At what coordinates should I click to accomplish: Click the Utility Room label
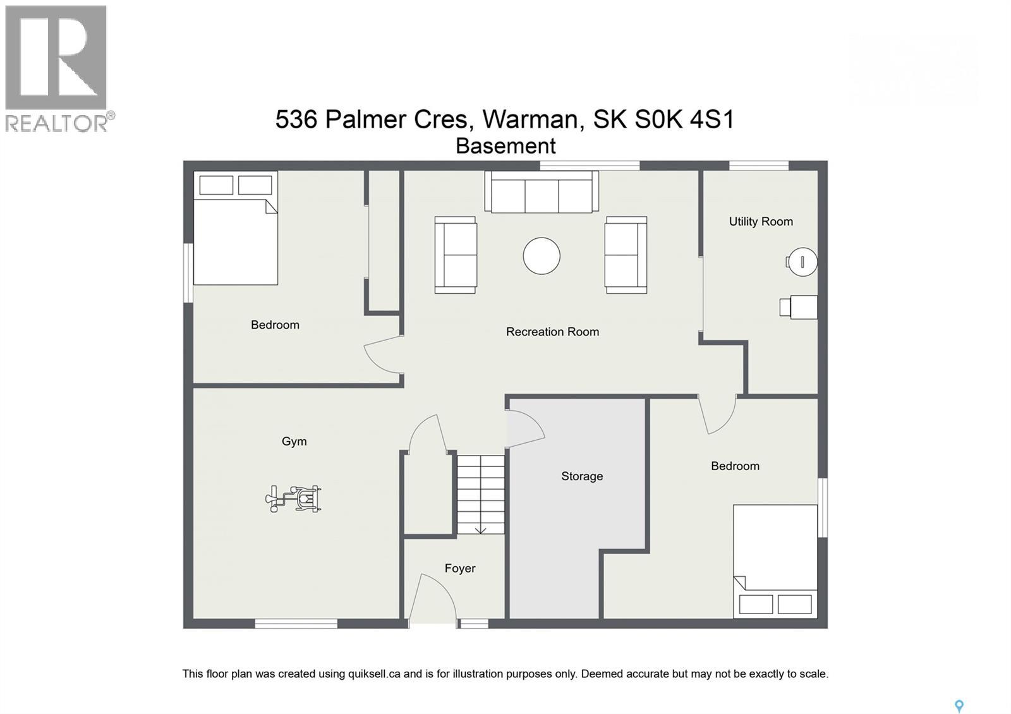[x=761, y=222]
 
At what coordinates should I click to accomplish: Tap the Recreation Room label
[x=552, y=332]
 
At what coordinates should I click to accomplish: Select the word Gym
[x=294, y=442]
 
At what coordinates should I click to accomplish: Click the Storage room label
[x=582, y=476]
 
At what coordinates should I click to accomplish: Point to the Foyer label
[x=459, y=569]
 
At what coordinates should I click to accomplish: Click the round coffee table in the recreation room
[x=542, y=256]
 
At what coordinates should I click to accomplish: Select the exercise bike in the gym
[x=294, y=499]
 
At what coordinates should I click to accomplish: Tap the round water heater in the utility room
[x=802, y=262]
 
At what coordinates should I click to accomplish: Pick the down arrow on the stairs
[x=480, y=529]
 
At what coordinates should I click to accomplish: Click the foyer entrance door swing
[x=434, y=597]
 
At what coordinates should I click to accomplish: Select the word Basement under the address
[x=505, y=147]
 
